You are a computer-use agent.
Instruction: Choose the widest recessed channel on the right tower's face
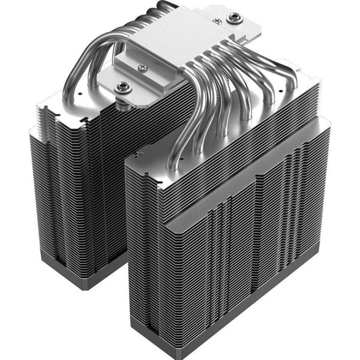coord(264,252)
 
